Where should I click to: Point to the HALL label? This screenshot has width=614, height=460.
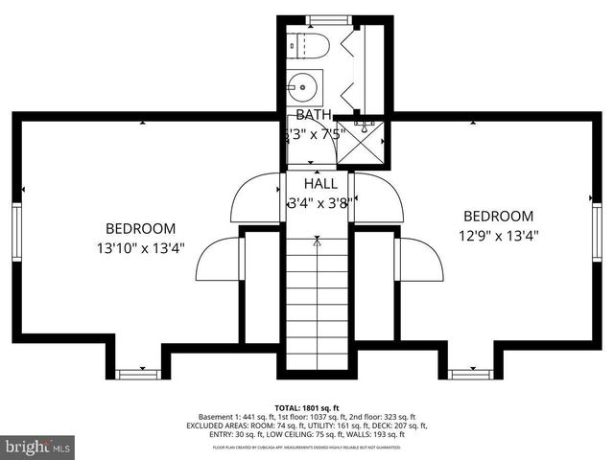tap(319, 183)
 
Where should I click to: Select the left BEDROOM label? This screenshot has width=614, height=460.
tap(140, 228)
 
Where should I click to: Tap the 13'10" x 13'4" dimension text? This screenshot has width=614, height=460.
tap(141, 247)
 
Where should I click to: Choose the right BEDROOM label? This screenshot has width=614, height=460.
tap(498, 216)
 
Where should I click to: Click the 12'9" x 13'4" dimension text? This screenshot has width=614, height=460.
tap(498, 235)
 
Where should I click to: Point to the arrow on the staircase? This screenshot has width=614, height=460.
tap(316, 244)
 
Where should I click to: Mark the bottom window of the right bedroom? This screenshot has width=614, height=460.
tap(467, 372)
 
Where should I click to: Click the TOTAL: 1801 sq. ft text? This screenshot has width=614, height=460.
tap(306, 407)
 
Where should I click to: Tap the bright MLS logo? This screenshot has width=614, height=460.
tap(38, 446)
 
